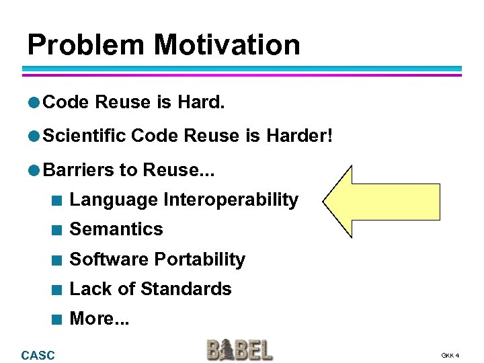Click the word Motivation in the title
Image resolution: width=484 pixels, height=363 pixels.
point(227,45)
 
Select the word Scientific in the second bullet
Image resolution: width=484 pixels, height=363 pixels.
point(85,136)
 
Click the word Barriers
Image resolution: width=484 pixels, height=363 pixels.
point(79,169)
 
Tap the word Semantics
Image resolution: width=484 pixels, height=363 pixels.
point(116,229)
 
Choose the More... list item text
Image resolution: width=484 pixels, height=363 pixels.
point(99,319)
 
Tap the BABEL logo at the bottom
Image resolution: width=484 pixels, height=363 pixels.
point(239,350)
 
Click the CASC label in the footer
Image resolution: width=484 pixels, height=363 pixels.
point(38,355)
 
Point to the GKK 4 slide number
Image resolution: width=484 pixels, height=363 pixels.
point(450,355)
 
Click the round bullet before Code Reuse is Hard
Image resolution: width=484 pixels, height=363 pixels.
point(34,102)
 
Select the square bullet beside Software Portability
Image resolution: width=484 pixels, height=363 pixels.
point(59,260)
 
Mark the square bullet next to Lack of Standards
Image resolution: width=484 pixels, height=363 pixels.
point(59,290)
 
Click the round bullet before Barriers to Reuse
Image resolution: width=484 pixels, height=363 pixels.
point(34,169)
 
